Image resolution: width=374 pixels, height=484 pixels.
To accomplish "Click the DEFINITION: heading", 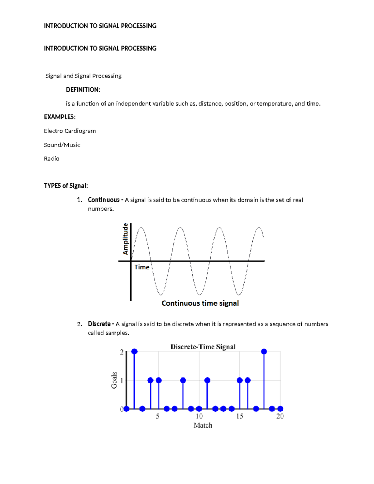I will (83, 90).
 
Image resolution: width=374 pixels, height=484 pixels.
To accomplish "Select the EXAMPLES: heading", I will (60, 117).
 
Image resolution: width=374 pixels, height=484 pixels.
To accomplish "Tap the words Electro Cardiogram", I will (70, 131).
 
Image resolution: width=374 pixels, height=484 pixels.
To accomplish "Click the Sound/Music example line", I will (62, 145).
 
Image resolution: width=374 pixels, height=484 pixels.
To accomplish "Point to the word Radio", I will (51, 159).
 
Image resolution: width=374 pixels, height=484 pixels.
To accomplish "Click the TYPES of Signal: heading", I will (66, 186).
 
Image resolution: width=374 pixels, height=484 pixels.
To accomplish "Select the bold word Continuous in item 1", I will (103, 200).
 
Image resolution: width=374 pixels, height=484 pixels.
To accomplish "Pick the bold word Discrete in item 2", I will (99, 324).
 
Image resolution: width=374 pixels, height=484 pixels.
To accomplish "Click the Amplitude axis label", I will (126, 239).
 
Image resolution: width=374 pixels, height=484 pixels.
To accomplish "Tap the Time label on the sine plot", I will (142, 267).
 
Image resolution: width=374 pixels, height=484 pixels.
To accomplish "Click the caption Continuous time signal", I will (200, 303).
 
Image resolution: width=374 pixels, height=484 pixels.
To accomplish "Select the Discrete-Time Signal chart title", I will (203, 347).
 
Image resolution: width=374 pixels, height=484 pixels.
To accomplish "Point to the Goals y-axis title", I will (114, 380).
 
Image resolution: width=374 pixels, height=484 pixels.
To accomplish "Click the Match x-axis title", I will (203, 425).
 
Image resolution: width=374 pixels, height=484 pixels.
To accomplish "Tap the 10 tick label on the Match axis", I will (199, 416).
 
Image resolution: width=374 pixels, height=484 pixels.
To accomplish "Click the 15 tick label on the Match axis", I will (240, 416).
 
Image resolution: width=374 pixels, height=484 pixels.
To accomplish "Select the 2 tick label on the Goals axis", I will (122, 352).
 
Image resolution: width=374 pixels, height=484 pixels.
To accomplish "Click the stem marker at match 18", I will (264, 352).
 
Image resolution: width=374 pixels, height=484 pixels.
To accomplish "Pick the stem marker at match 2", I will (134, 352).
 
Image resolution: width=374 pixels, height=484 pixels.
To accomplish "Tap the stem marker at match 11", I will (207, 380).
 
